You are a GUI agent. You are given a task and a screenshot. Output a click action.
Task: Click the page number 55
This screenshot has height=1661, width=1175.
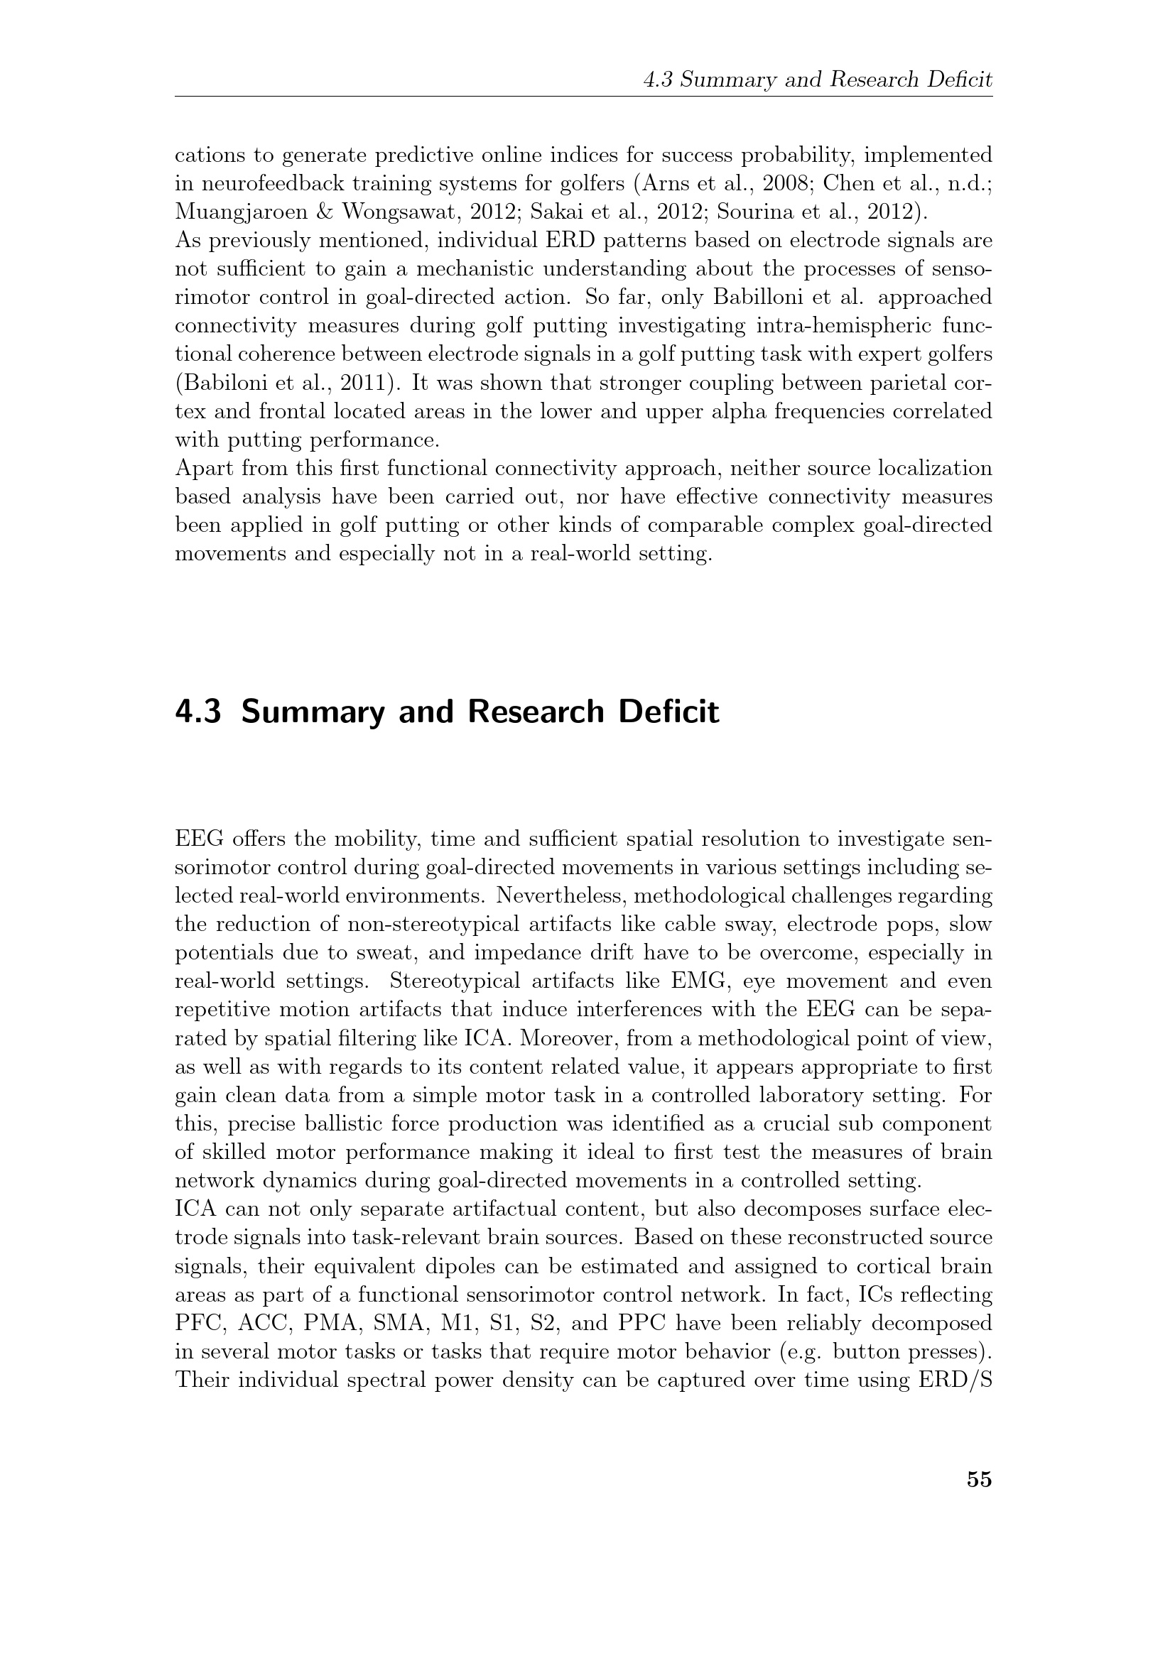(x=979, y=1480)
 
